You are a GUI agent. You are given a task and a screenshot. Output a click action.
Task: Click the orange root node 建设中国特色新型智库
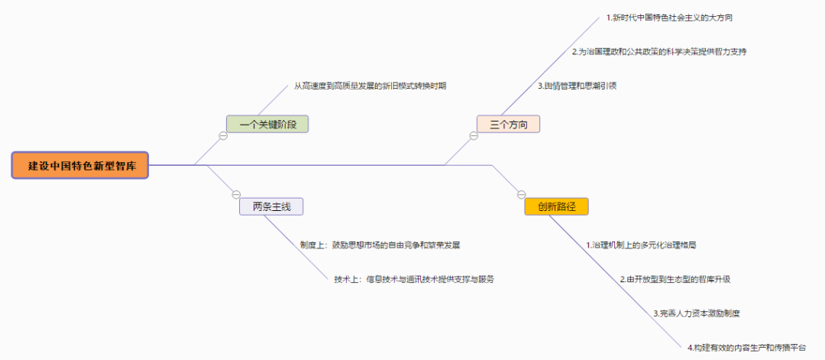[80, 165]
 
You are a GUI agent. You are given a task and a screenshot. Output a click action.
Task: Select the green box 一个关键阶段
[267, 124]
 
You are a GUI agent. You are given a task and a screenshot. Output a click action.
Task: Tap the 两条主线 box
[271, 206]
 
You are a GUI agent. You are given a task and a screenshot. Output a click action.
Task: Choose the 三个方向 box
[508, 124]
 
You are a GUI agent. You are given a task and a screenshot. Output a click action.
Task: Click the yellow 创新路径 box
[556, 206]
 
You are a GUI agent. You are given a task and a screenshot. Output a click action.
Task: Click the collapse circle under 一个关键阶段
[223, 136]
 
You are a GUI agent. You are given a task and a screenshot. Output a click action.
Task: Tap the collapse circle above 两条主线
[236, 194]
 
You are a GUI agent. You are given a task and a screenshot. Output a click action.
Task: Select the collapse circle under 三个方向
[474, 136]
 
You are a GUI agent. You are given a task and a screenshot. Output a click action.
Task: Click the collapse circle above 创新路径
[522, 194]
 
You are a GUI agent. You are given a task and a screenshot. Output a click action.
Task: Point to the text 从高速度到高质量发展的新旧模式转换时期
[370, 86]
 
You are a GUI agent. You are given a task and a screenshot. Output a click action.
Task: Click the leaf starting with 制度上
[380, 245]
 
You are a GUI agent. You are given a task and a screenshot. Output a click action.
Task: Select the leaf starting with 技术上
[413, 279]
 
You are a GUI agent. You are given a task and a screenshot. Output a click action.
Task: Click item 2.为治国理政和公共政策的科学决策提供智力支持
[658, 52]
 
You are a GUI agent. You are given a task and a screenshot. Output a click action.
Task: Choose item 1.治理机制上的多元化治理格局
[641, 245]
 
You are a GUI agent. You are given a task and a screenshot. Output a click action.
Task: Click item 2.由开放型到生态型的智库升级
[675, 279]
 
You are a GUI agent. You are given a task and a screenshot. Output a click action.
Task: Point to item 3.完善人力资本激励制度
[696, 313]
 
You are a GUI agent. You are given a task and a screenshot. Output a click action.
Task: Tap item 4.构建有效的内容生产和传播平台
[746, 347]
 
